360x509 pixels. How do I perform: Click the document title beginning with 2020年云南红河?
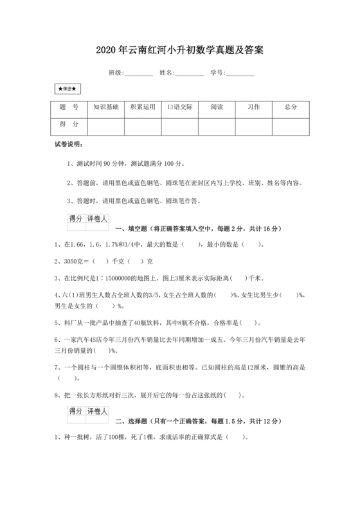(x=180, y=49)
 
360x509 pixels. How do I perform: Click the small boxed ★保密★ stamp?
(x=67, y=89)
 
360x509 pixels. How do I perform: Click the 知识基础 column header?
(x=106, y=107)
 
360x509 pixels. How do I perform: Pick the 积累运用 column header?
(x=143, y=107)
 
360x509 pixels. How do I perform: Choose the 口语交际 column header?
(x=180, y=107)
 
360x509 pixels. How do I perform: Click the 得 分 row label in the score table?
(x=69, y=124)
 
